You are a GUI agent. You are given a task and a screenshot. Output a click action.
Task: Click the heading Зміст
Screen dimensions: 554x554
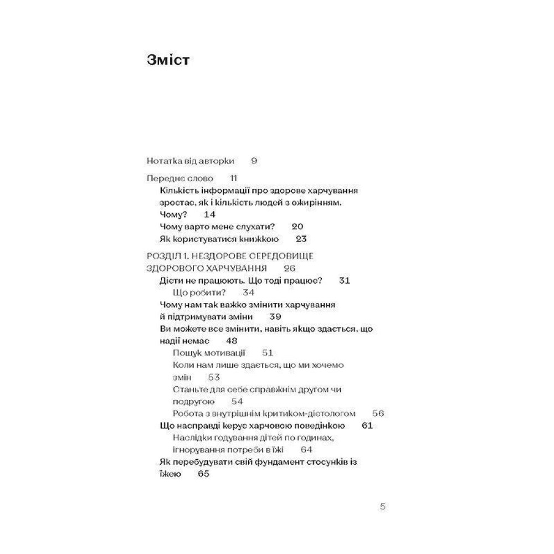click(169, 60)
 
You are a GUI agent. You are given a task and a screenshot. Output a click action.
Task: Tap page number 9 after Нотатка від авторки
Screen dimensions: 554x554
click(254, 161)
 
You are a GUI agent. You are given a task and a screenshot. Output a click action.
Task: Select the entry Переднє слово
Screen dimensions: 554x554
click(180, 178)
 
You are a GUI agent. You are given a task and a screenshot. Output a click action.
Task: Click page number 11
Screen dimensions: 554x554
click(233, 178)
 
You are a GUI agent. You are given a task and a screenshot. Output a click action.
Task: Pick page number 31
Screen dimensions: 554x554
click(344, 281)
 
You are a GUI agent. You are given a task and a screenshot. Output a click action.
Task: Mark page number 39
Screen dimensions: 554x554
click(275, 317)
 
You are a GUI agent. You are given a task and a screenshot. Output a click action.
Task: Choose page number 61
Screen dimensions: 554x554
click(366, 425)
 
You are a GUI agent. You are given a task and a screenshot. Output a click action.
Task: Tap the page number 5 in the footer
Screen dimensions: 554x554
click(382, 506)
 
